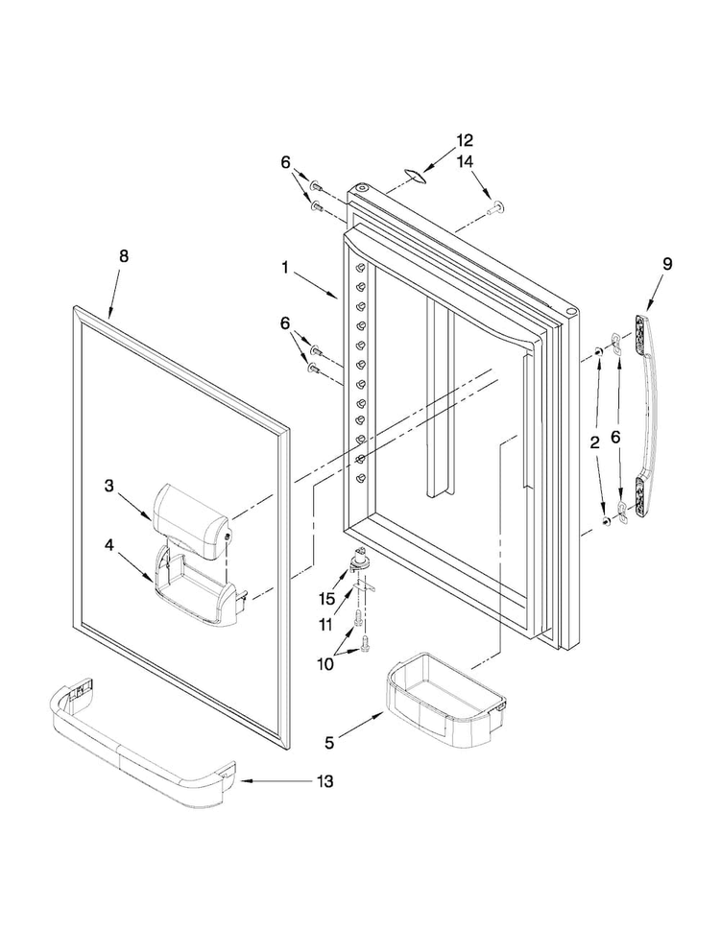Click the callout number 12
pyautogui.click(x=465, y=141)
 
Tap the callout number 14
pyautogui.click(x=465, y=161)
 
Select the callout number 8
pyautogui.click(x=124, y=256)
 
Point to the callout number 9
pyautogui.click(x=667, y=264)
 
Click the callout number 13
pyautogui.click(x=324, y=781)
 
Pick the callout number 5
pyautogui.click(x=329, y=743)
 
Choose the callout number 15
pyautogui.click(x=326, y=599)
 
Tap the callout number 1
pyautogui.click(x=285, y=269)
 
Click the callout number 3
pyautogui.click(x=108, y=486)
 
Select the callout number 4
pyautogui.click(x=108, y=545)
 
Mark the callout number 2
pyautogui.click(x=594, y=442)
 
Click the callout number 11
pyautogui.click(x=324, y=625)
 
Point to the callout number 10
pyautogui.click(x=324, y=664)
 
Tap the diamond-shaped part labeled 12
pyautogui.click(x=416, y=173)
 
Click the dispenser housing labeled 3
pyautogui.click(x=190, y=521)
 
